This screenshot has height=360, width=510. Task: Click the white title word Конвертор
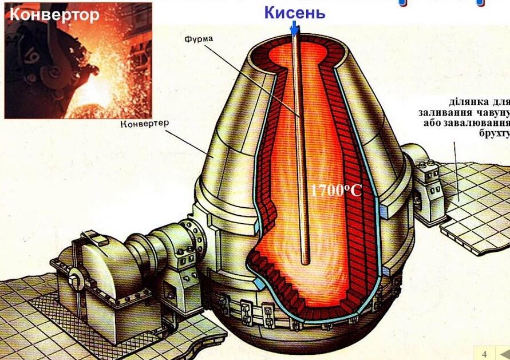[54, 15]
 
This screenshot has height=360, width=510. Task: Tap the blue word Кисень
[295, 13]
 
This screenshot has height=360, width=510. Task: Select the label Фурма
[199, 39]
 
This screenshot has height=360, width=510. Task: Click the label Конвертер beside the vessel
[145, 124]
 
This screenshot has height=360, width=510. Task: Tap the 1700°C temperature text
[337, 190]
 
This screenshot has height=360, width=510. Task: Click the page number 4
[484, 354]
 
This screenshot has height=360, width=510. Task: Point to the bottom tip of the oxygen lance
[305, 263]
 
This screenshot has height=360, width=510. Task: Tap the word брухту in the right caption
[494, 134]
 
